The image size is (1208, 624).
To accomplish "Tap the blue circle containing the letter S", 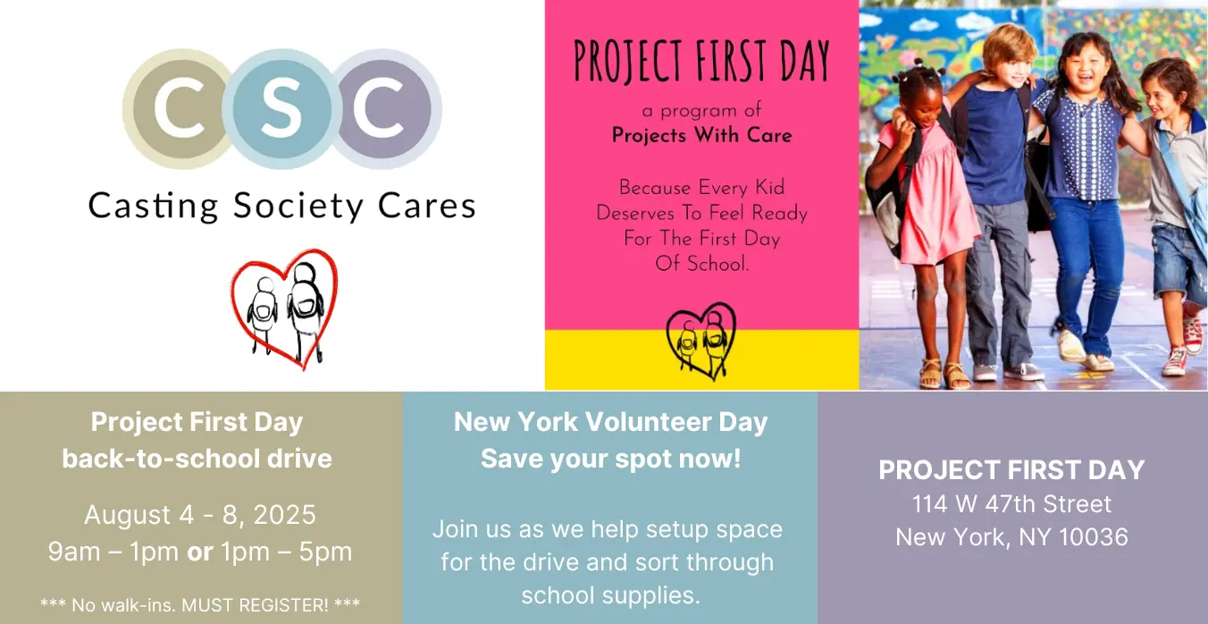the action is tap(282, 108).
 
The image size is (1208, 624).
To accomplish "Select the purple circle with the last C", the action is tap(384, 108).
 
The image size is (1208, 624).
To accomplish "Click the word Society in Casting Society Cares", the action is tap(298, 207).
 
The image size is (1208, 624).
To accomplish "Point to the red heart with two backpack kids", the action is tap(285, 308).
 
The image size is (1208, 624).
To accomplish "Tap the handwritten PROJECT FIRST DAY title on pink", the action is tap(701, 62).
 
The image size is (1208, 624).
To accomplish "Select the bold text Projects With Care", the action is tap(701, 135).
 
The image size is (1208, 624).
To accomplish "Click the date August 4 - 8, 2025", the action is tap(200, 514).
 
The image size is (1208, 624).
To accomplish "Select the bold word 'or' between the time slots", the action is tap(199, 552).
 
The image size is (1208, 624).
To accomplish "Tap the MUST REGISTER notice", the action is tap(200, 605).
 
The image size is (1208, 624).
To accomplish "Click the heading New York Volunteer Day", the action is tap(610, 422).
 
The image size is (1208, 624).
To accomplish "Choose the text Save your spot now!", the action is tap(610, 459).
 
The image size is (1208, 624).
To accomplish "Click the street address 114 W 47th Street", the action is tap(1011, 504).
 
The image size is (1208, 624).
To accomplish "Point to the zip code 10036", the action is tap(1093, 537).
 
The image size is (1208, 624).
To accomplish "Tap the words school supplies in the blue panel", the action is tap(610, 596).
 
